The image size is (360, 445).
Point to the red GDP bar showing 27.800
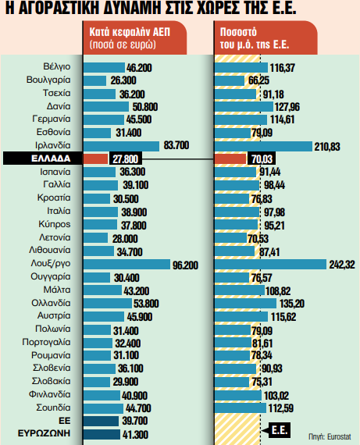[95, 158]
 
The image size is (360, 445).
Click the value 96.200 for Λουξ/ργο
[186, 265]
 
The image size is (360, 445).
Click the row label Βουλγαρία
[48, 80]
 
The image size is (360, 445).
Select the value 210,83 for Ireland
[328, 146]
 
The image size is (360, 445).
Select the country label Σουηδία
[54, 408]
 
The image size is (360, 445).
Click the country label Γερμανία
[52, 119]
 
